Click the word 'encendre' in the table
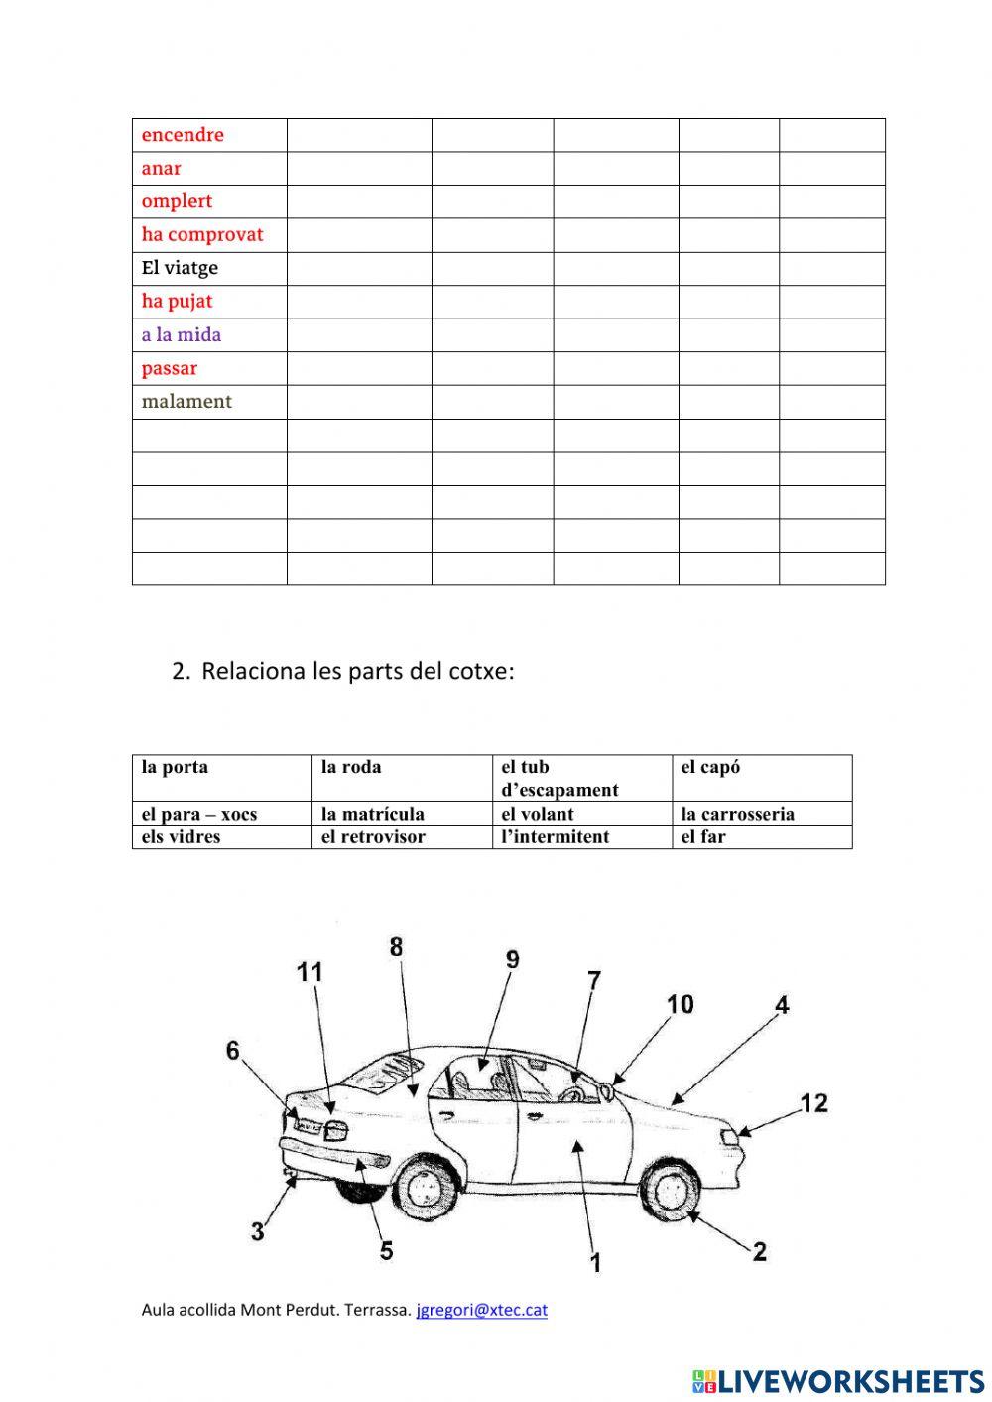coord(183,135)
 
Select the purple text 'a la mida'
coord(182,335)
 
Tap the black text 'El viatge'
coord(180,268)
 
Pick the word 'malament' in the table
coord(186,402)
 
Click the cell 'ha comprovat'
coord(202,235)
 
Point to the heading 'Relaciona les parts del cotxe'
coord(357,672)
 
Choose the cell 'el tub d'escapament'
coord(559,779)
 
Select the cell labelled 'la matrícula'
coord(373,815)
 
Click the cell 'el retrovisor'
coord(373,837)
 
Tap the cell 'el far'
coord(703,837)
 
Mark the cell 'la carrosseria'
coord(738,815)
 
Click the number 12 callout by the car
coord(813,1103)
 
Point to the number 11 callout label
coord(310,972)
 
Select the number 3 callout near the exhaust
coord(258,1232)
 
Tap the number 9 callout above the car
coord(512,959)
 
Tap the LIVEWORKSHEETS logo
coord(838,1381)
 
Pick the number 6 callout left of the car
coord(233,1050)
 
